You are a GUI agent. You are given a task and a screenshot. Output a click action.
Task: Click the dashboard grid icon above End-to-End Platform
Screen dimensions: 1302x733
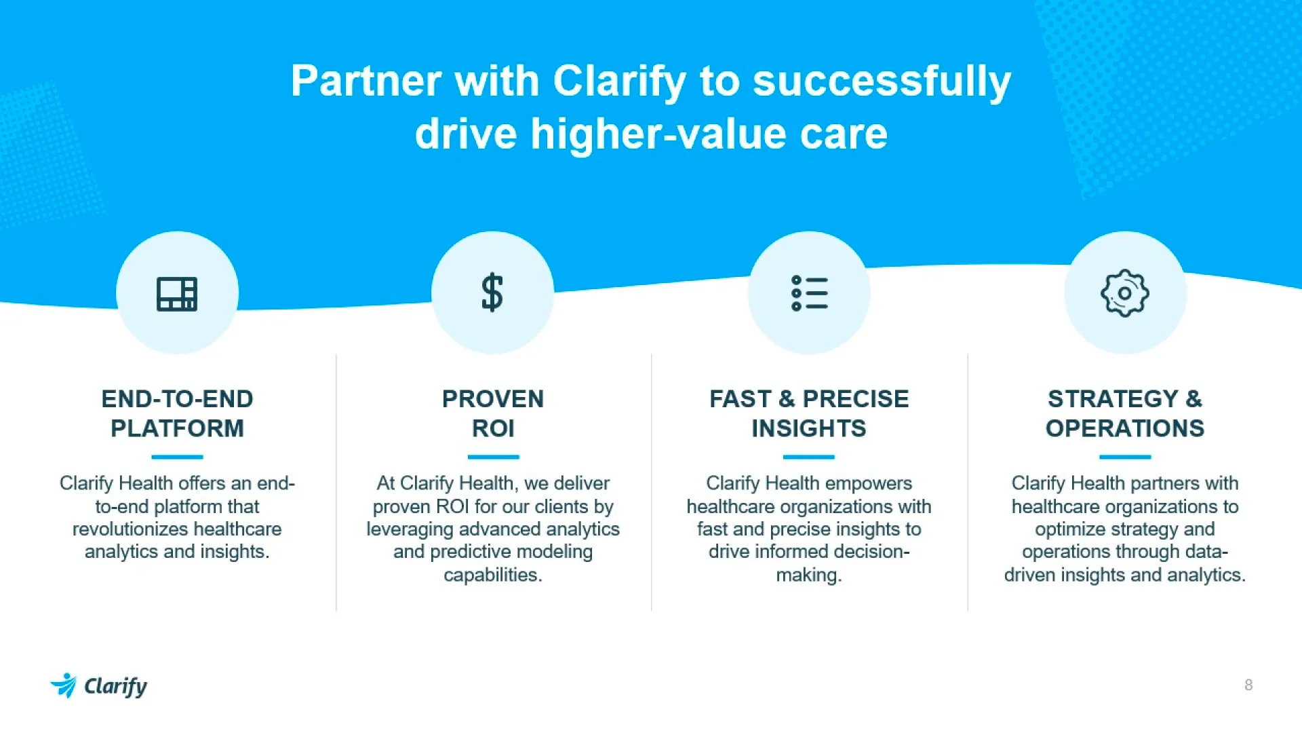(177, 294)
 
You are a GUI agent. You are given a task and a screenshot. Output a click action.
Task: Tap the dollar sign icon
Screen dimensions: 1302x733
(492, 293)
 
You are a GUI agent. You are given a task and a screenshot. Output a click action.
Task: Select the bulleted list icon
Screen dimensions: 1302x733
(809, 293)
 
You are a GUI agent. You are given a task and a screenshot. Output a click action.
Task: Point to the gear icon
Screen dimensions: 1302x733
(1125, 293)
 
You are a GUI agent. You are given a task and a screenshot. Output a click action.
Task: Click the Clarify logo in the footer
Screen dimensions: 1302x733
(99, 685)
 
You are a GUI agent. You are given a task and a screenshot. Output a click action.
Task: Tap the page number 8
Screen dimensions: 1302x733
(1248, 685)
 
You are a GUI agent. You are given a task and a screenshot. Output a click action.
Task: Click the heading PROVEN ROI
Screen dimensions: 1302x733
(493, 413)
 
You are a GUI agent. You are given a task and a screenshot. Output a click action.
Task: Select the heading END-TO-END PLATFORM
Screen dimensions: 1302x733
(177, 413)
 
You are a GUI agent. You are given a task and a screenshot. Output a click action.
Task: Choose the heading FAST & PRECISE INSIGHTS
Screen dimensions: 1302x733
(809, 413)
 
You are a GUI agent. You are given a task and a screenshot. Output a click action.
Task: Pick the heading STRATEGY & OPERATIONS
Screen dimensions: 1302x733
(1125, 413)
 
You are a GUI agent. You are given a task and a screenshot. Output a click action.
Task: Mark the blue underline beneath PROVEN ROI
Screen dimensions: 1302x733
(493, 457)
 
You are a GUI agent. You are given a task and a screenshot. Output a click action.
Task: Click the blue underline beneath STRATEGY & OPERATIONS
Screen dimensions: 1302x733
(1125, 457)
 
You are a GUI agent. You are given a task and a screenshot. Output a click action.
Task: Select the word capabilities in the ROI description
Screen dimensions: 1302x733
(493, 576)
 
